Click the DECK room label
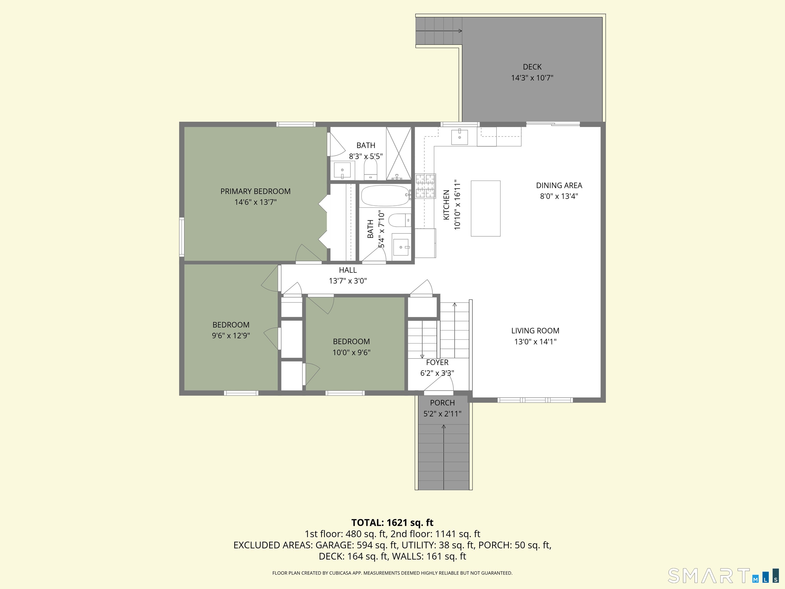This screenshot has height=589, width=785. tap(532, 67)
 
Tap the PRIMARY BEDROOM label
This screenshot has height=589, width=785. tap(256, 191)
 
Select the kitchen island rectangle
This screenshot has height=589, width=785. tap(486, 208)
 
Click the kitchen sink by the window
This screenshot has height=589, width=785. tap(459, 137)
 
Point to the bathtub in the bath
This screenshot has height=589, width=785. tap(385, 196)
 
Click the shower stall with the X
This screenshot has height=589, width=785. tap(399, 154)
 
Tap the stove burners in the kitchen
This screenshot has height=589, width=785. tap(425, 185)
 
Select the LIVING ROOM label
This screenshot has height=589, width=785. tap(535, 331)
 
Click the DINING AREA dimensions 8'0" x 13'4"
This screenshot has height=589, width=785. tap(559, 196)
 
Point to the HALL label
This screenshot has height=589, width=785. tap(348, 270)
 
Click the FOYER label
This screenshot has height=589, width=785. tap(437, 363)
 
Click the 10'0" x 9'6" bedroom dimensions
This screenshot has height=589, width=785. tap(351, 353)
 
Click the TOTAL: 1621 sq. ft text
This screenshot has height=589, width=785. tap(392, 523)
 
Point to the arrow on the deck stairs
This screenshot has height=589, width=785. tap(439, 31)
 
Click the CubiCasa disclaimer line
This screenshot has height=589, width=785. tap(392, 573)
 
